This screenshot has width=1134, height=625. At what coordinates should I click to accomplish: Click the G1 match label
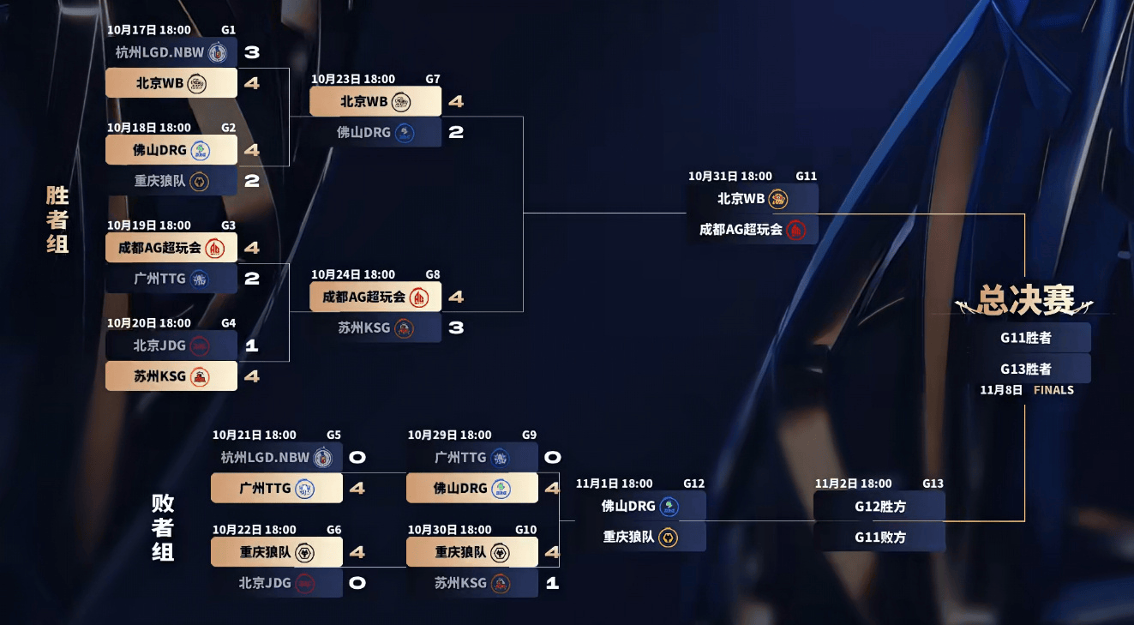(228, 29)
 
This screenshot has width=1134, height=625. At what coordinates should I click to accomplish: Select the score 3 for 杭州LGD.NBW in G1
(251, 52)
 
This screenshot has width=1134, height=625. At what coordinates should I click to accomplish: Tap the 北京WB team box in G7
(375, 101)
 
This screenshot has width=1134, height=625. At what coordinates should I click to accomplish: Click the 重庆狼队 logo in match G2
(199, 181)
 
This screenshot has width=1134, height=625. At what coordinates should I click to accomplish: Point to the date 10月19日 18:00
(149, 225)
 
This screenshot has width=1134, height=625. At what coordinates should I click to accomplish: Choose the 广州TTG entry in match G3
(171, 279)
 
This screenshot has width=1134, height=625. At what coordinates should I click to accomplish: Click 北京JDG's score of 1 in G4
(251, 346)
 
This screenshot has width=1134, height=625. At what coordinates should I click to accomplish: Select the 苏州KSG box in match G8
(375, 328)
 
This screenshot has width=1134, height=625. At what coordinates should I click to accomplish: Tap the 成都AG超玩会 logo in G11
(796, 230)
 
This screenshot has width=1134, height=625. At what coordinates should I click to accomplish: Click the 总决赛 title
(1025, 300)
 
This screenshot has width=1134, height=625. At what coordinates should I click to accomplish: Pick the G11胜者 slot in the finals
(1025, 338)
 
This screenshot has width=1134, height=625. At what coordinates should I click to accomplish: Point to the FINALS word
(1053, 390)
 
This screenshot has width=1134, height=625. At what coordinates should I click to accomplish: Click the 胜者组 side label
(57, 219)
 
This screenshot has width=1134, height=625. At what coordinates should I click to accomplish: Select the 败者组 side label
(163, 527)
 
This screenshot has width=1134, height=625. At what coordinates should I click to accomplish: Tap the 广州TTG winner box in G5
(276, 488)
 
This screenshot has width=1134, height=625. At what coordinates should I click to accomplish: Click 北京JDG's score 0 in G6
(357, 583)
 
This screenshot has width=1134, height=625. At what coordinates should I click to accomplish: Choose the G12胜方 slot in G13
(879, 506)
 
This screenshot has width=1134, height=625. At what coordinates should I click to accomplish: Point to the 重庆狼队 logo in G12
(669, 538)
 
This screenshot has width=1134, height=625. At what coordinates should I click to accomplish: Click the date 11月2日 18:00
(853, 484)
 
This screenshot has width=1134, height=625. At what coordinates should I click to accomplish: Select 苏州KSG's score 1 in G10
(552, 583)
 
